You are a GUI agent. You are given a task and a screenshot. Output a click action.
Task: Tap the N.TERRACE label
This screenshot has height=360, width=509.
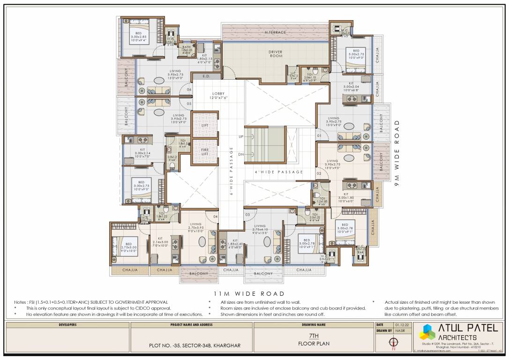point(275,32)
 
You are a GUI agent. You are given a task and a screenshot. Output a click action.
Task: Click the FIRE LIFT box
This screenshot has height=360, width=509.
point(205,151)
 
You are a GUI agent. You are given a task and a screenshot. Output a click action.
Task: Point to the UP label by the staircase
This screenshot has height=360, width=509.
point(241,137)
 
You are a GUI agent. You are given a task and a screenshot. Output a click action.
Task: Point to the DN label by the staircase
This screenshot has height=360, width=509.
point(241,154)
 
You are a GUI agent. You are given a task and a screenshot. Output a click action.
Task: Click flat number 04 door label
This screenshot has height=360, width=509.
point(215,217)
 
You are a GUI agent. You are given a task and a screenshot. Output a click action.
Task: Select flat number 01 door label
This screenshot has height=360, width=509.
point(318,136)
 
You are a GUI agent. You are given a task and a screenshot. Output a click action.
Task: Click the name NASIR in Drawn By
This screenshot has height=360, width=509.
point(400,330)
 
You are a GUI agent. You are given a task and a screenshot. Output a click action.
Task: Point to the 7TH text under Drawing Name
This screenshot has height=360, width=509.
point(314,336)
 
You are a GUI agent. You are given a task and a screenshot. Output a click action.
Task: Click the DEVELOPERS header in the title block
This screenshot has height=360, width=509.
point(68,324)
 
